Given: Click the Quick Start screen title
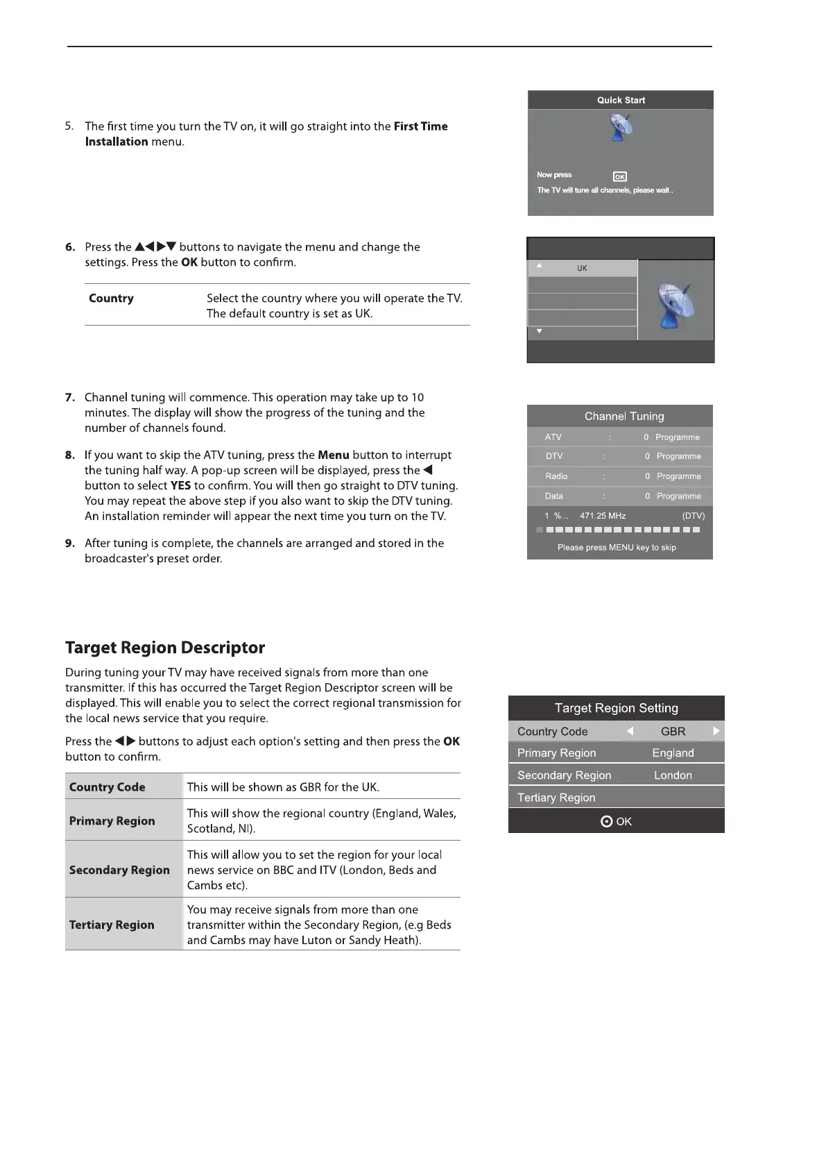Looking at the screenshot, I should click(621, 100).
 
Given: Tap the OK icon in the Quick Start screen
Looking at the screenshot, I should click(620, 177).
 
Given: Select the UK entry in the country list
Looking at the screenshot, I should click(582, 268).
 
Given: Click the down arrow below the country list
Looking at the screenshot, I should click(540, 332).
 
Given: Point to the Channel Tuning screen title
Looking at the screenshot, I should click(623, 417).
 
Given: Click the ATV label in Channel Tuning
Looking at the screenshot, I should click(553, 437).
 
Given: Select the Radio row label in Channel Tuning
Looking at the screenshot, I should click(556, 476).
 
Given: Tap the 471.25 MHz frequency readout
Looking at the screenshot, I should click(603, 516).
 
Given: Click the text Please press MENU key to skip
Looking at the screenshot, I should click(617, 548).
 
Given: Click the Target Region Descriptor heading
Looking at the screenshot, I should click(165, 648).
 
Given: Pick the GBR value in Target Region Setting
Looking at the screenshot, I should click(673, 732).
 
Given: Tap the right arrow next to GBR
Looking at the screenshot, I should click(716, 731).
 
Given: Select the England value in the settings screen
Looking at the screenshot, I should click(673, 753).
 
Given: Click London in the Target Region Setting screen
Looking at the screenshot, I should click(673, 775).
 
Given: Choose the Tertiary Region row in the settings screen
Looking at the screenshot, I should click(556, 798).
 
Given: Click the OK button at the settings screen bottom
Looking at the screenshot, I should click(617, 821).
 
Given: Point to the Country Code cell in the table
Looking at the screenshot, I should click(107, 787).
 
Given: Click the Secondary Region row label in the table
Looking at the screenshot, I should click(119, 870).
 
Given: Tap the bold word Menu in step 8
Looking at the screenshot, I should click(334, 455).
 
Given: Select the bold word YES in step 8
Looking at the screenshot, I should click(180, 486).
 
